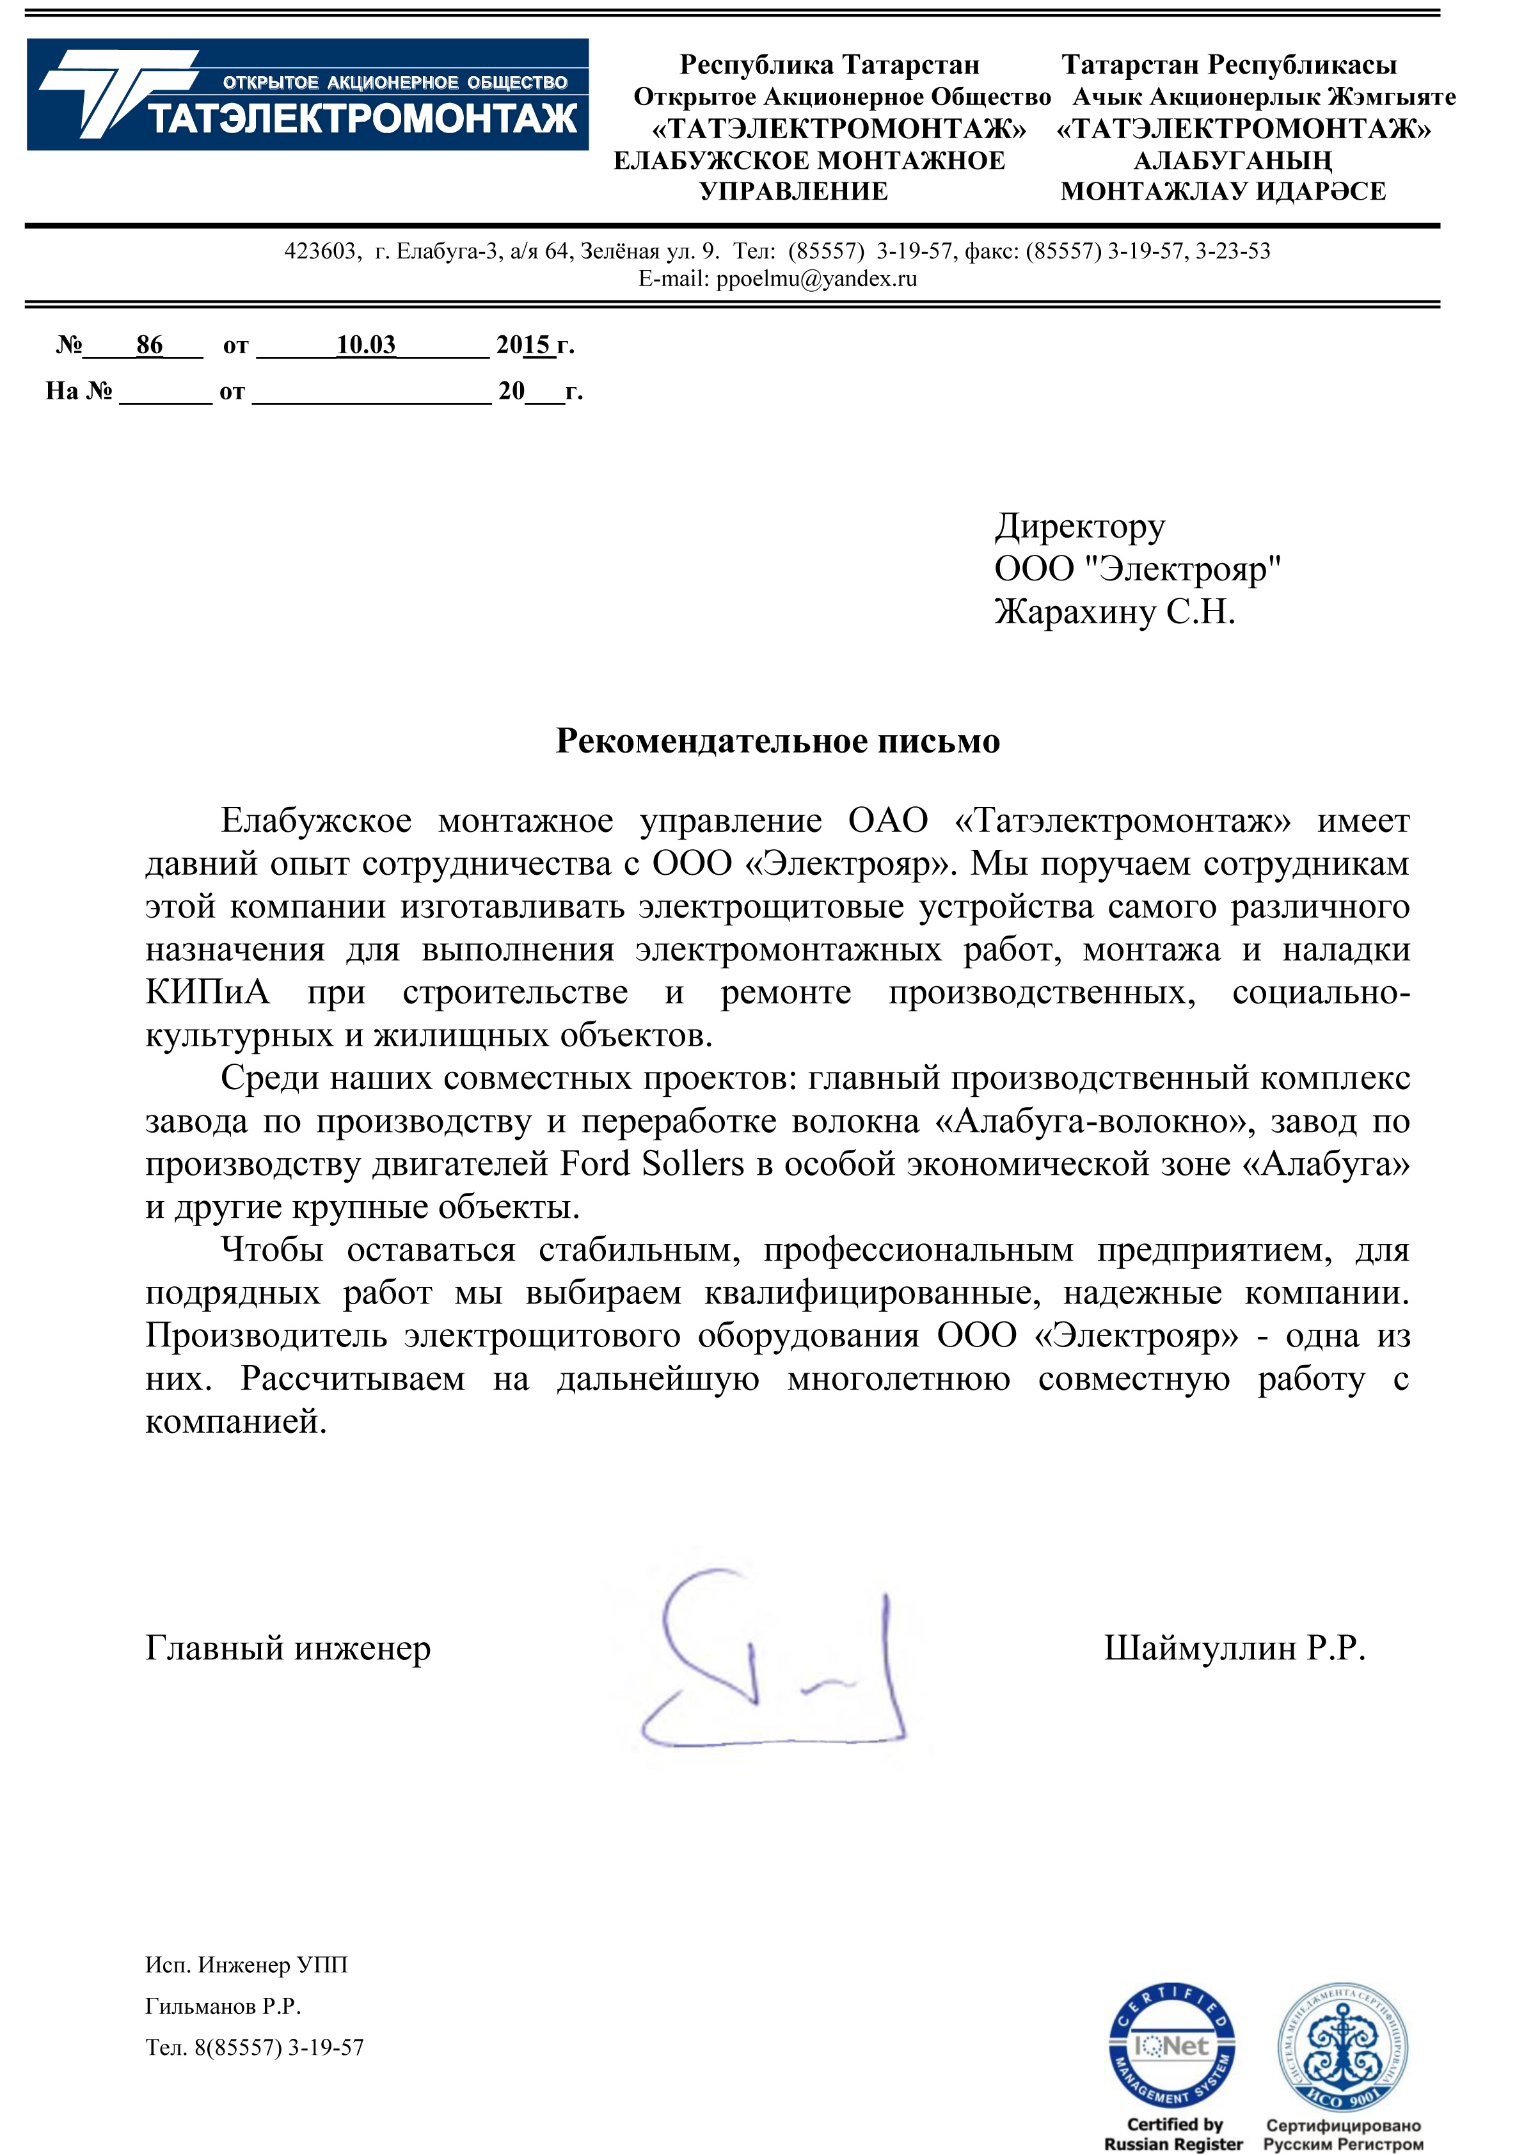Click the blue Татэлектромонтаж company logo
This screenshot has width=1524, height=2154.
pos(307,95)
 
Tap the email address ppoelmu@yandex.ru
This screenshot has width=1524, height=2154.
pos(816,279)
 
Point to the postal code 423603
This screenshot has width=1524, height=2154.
pos(320,251)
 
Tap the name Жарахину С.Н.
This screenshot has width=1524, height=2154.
pos(1114,612)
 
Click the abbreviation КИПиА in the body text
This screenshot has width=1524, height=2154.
pos(207,992)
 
